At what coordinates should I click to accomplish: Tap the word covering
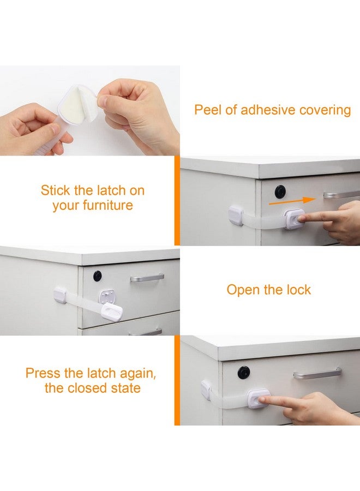(x=325, y=110)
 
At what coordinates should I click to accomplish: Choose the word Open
(x=244, y=290)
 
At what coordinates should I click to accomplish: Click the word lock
(x=297, y=290)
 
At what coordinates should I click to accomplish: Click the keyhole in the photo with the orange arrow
(x=280, y=191)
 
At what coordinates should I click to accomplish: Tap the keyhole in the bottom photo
(x=243, y=372)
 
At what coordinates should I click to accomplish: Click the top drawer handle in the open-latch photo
(x=147, y=278)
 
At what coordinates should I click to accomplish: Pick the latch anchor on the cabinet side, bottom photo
(x=207, y=390)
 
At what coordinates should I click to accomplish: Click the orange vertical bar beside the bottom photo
(x=177, y=380)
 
